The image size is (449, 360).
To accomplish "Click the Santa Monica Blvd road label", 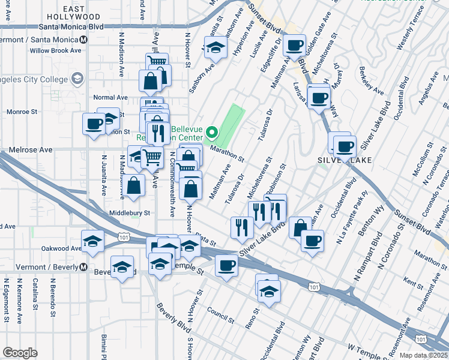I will [71, 27].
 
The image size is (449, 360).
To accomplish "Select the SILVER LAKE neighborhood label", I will [344, 160].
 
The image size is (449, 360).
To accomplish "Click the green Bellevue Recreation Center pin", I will [212, 132].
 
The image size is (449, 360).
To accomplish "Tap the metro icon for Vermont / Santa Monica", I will [84, 39].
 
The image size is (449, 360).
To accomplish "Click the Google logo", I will [20, 353].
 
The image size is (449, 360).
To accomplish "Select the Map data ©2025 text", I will [424, 355].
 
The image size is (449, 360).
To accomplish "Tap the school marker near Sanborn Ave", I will [215, 47].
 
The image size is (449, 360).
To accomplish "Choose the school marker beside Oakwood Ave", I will [93, 241].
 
